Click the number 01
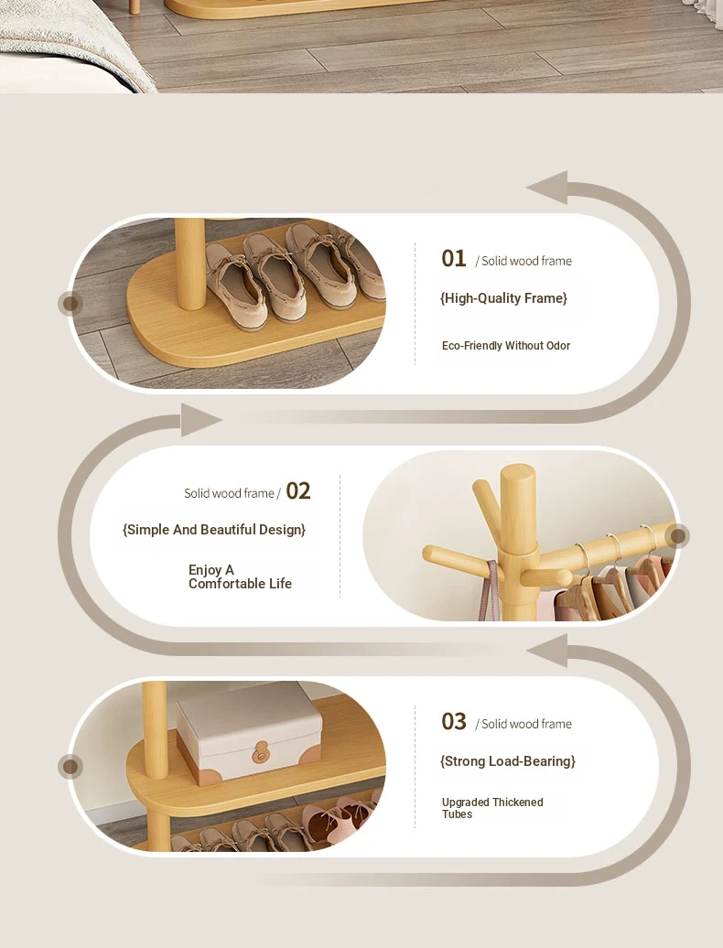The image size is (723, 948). click(x=453, y=259)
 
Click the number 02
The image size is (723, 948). click(x=298, y=490)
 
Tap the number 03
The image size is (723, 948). click(x=453, y=721)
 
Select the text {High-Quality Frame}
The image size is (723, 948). click(x=503, y=298)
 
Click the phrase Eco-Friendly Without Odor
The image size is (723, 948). click(x=506, y=346)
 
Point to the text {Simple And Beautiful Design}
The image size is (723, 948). click(x=214, y=530)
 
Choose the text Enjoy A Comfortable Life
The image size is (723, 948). click(x=240, y=576)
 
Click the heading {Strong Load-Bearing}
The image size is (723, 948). click(x=508, y=761)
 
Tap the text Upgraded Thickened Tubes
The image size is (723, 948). click(x=492, y=808)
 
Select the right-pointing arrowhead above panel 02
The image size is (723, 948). click(x=200, y=420)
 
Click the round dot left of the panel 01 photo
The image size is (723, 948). click(x=70, y=303)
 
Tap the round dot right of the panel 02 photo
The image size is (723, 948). click(x=677, y=535)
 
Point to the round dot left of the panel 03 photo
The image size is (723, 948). click(x=70, y=766)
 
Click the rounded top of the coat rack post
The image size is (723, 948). click(x=517, y=471)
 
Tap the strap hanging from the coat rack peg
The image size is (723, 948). click(x=489, y=589)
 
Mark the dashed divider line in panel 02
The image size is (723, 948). click(x=340, y=535)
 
